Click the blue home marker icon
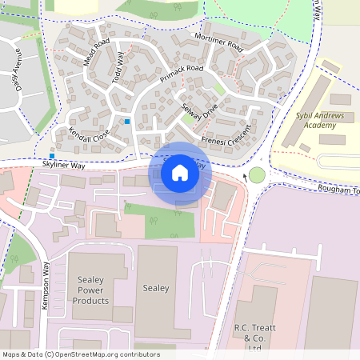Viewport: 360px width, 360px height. [180, 173]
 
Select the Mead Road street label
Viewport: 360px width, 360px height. [96, 51]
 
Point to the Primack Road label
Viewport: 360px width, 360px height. [182, 75]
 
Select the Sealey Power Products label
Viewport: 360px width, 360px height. [90, 290]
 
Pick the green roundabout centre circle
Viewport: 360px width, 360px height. [257, 175]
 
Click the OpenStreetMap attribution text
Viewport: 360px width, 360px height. [80, 354]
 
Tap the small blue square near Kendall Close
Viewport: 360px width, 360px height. [126, 122]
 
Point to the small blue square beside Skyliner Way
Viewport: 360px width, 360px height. [52, 155]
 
